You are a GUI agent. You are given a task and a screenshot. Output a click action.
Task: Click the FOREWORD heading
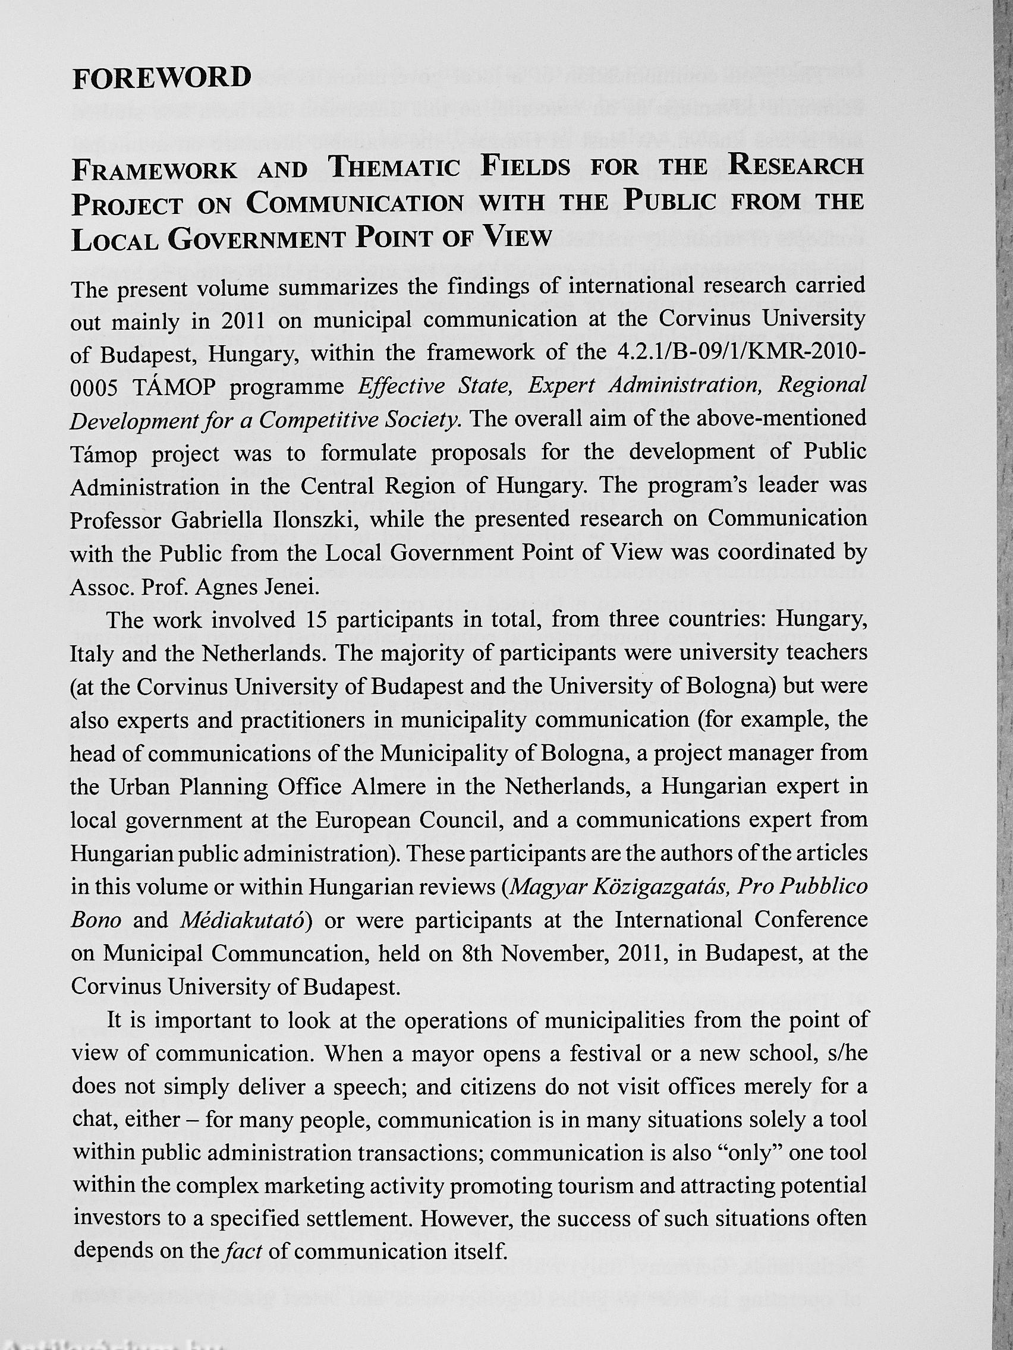(x=162, y=78)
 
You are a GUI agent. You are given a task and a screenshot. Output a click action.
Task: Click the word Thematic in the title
(x=394, y=168)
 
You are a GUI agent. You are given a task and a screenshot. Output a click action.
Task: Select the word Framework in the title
(x=155, y=171)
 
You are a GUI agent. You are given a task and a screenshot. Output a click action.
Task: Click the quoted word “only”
(x=749, y=1153)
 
